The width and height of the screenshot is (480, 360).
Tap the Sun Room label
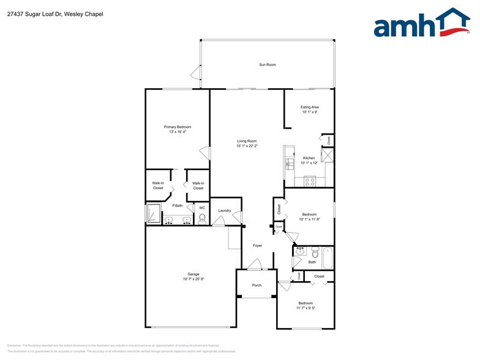(267, 64)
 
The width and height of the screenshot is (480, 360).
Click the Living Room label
(247, 141)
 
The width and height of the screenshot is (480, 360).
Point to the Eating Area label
(310, 107)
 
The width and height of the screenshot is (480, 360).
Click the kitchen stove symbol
(310, 181)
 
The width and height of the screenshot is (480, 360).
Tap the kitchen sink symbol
(290, 162)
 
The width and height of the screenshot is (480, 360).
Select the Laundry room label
(225, 211)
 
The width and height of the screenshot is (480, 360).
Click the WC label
(202, 208)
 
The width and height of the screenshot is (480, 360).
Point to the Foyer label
(258, 246)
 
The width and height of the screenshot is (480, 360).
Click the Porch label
(257, 285)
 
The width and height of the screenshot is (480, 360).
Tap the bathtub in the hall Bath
(327, 257)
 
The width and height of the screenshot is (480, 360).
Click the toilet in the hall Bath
(315, 253)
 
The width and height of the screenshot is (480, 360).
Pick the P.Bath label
(178, 206)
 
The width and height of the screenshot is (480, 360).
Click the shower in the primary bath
(153, 215)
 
